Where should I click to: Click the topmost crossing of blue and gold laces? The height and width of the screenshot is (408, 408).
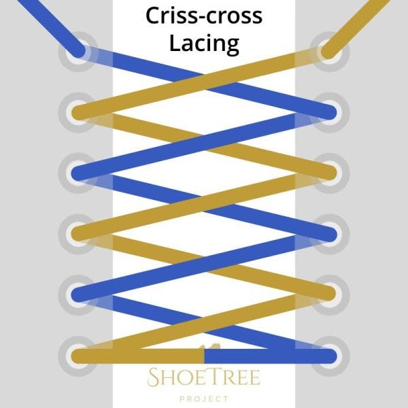(x=204, y=81)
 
